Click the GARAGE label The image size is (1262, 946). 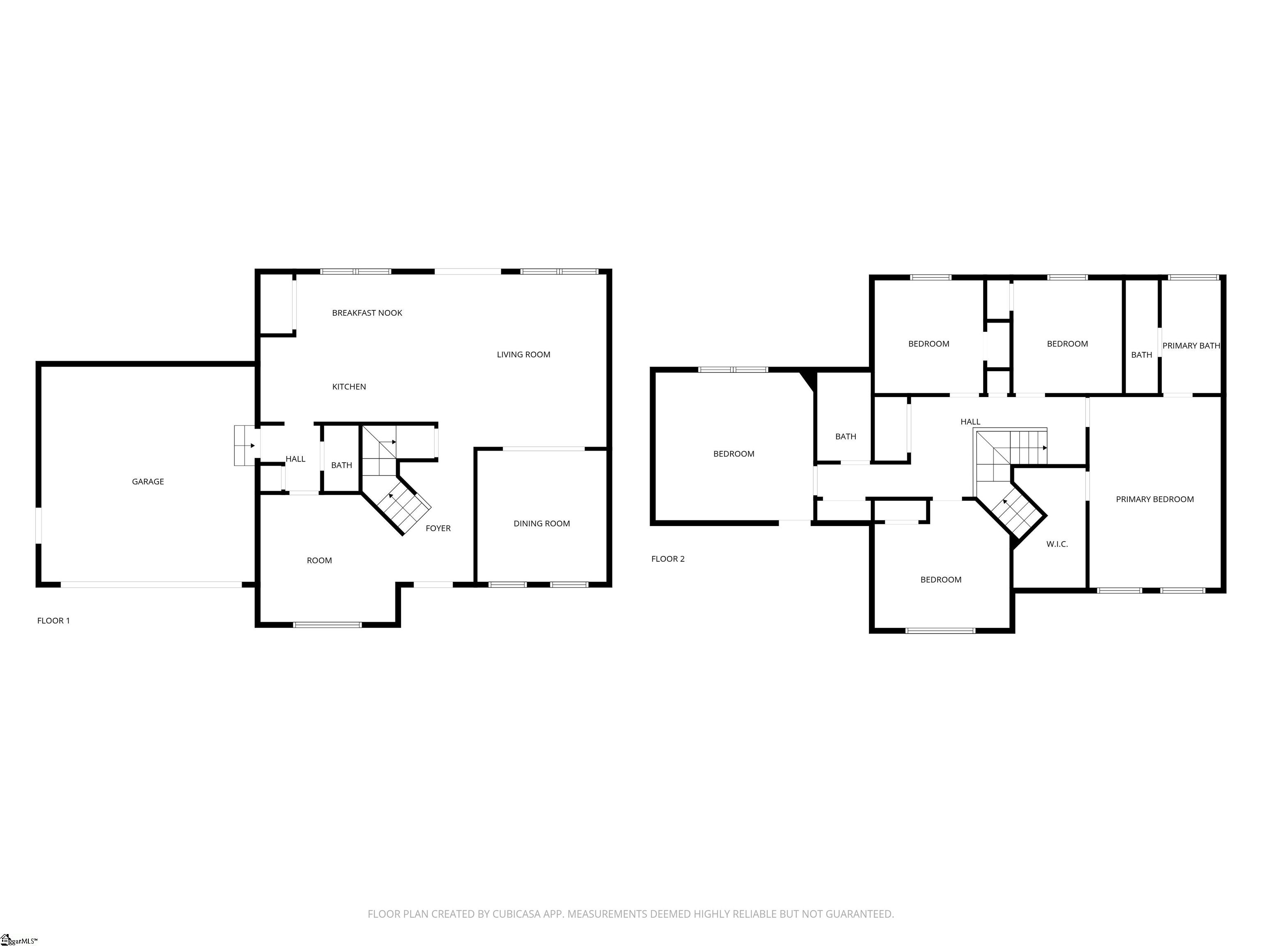[148, 481]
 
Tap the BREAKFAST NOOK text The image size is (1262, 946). [367, 312]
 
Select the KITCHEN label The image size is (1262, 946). [349, 387]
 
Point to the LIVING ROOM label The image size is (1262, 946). [523, 354]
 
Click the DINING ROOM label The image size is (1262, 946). [541, 524]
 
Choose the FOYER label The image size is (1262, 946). [438, 528]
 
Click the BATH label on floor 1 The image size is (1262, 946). [342, 465]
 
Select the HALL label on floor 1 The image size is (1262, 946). [295, 459]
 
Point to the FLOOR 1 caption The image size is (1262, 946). [54, 620]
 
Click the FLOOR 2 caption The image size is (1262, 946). [668, 559]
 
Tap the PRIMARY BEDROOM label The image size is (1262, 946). [1155, 499]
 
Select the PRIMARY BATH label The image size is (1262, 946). [1191, 346]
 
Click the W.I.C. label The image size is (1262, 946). [1057, 544]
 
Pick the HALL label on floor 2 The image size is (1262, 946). [970, 421]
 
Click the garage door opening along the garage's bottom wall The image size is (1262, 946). [151, 585]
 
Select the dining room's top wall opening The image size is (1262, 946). [544, 449]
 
